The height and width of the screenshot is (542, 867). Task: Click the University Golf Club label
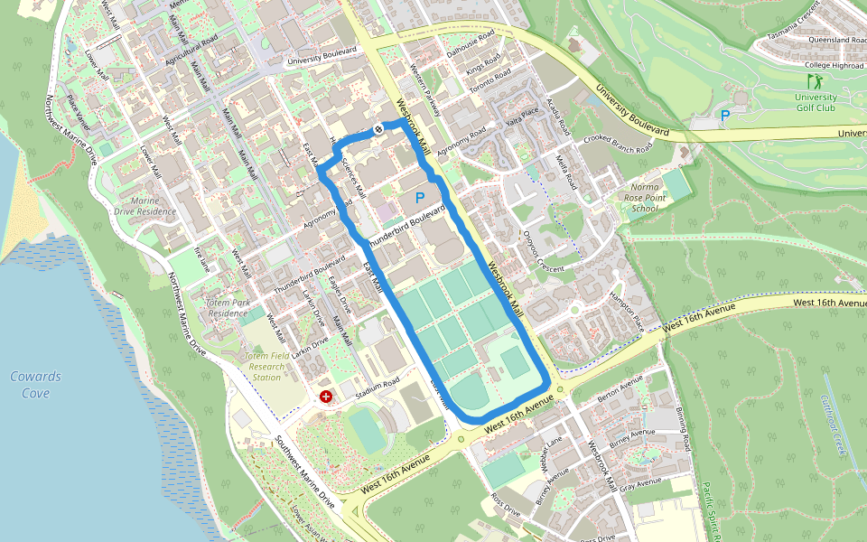click(815, 102)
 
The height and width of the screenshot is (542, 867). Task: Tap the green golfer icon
click(815, 81)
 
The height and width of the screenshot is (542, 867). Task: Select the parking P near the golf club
click(725, 116)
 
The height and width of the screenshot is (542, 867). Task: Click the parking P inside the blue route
click(419, 196)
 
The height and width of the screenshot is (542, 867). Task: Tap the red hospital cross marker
click(326, 396)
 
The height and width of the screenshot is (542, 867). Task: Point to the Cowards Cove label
click(36, 385)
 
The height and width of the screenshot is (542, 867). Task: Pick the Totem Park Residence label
click(227, 308)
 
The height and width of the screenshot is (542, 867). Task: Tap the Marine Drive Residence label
click(145, 206)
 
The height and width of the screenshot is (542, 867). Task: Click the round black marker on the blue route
click(379, 128)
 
